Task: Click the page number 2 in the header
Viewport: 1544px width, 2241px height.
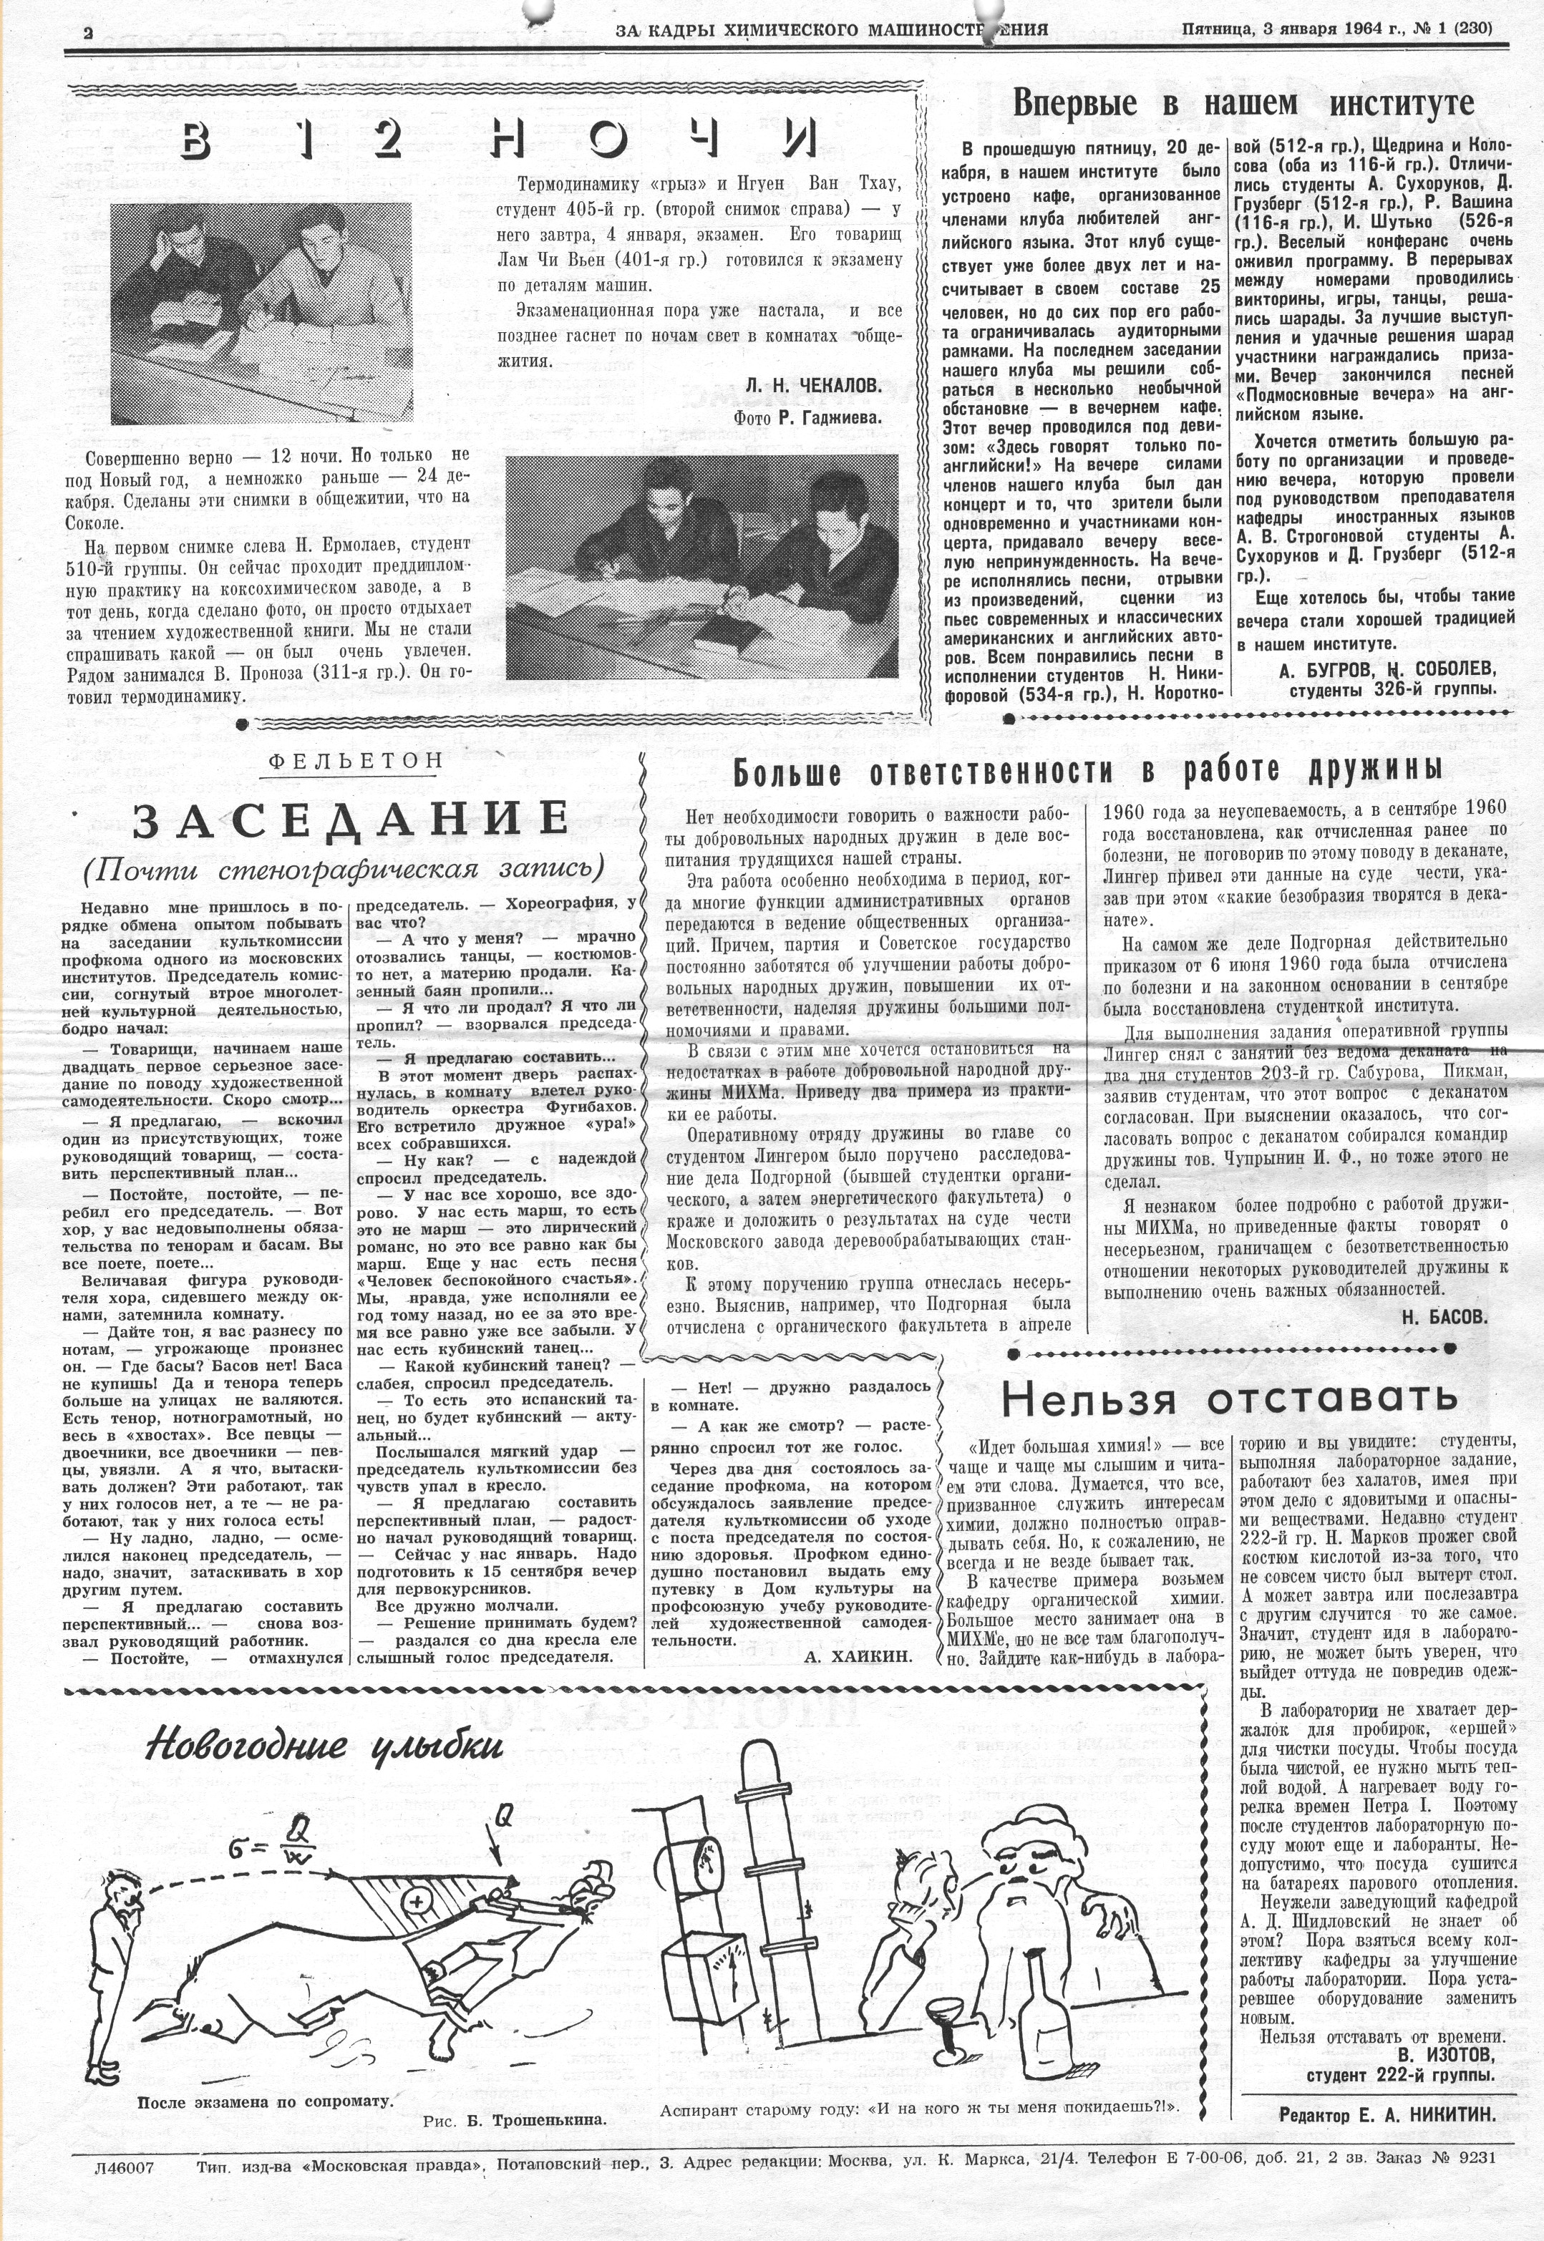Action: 88,31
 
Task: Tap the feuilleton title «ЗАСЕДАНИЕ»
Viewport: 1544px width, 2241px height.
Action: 350,820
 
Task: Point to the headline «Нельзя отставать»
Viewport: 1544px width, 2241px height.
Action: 1228,1398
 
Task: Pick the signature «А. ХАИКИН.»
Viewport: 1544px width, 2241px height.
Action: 857,1656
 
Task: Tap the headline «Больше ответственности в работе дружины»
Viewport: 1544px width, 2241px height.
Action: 1087,771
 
